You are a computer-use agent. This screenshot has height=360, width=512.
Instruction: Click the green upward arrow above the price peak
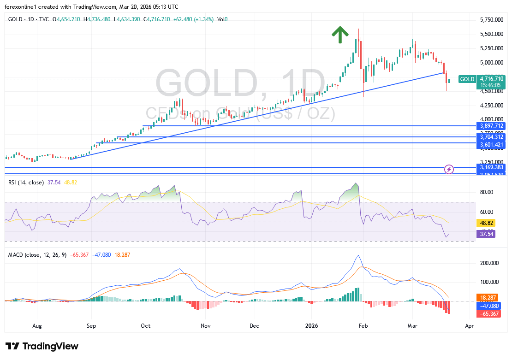click(340, 35)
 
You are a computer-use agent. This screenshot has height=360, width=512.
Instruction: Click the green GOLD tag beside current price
click(467, 79)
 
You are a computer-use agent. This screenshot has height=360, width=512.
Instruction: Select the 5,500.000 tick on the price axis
click(492, 34)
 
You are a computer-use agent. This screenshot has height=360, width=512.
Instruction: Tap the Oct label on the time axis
click(145, 325)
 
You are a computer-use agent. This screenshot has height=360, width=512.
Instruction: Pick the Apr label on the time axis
click(470, 325)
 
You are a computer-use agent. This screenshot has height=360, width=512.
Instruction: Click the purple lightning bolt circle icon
click(449, 169)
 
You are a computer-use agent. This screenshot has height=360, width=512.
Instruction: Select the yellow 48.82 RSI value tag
click(485, 223)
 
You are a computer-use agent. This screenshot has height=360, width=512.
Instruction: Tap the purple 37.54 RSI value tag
click(485, 234)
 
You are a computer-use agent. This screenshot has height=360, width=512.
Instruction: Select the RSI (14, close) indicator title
click(26, 183)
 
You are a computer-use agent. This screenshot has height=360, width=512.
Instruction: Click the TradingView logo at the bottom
click(42, 346)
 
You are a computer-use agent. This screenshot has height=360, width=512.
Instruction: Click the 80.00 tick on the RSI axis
click(487, 192)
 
